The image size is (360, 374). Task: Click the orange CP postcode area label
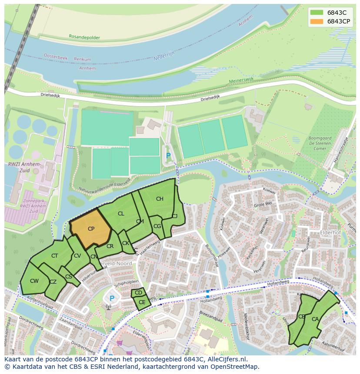91,229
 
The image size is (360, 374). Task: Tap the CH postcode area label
160,199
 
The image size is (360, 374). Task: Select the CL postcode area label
121,213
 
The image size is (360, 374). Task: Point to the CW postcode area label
34,281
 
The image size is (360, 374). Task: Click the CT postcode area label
55,256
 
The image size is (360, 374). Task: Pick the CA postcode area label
315,319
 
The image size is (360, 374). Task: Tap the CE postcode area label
142,302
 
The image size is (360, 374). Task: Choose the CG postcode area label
157,226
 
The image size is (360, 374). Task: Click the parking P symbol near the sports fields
168,156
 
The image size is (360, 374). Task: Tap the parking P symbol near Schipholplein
112,298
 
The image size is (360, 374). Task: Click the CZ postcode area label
53,282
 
